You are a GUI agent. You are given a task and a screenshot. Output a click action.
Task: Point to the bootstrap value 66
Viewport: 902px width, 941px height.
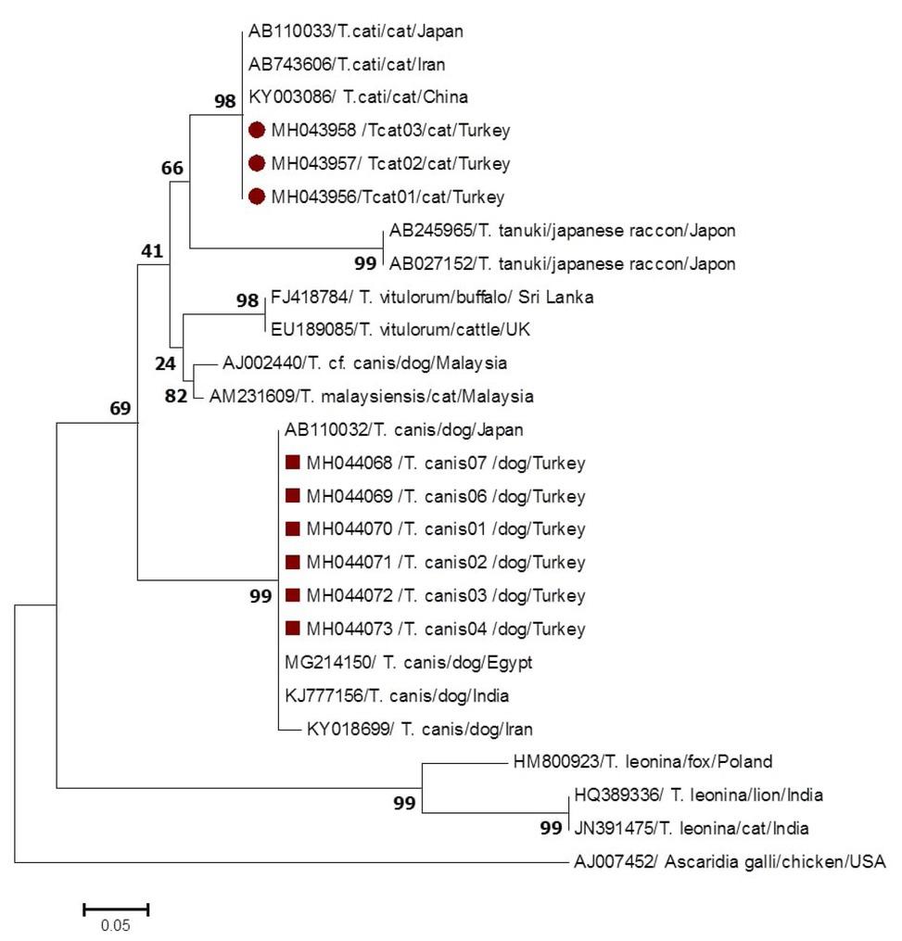172,168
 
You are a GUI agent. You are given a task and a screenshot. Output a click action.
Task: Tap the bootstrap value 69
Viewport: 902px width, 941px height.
121,408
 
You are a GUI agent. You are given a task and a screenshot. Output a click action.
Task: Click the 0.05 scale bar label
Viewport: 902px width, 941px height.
116,924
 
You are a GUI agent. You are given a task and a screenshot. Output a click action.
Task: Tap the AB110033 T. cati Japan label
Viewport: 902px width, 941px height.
355,32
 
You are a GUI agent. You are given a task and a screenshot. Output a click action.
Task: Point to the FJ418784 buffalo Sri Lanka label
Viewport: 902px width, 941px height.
431,298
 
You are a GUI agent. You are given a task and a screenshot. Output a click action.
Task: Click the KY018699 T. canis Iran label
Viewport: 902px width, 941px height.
419,729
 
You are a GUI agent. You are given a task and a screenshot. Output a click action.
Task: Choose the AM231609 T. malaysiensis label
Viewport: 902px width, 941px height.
371,397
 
